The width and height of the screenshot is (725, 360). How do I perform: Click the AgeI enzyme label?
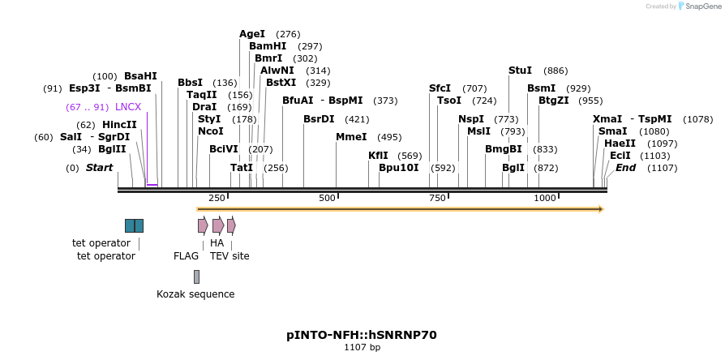click(252, 34)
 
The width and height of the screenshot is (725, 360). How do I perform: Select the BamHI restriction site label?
click(268, 46)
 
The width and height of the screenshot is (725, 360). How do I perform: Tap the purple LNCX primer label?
click(128, 107)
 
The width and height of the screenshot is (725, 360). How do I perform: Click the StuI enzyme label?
click(520, 71)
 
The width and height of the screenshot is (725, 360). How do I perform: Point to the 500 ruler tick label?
click(327, 198)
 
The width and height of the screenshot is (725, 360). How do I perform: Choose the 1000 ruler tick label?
click(545, 198)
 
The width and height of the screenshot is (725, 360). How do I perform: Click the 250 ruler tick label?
click(217, 198)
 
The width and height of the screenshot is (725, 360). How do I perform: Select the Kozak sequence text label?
click(195, 294)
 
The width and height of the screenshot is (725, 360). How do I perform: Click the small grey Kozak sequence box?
click(196, 276)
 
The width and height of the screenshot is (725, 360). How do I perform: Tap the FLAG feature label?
click(186, 256)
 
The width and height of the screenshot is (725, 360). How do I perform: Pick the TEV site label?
click(230, 256)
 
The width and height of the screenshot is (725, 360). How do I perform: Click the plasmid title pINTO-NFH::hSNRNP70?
click(362, 334)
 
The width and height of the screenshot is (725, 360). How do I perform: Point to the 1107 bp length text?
click(362, 348)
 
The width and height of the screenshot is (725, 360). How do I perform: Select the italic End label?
click(625, 168)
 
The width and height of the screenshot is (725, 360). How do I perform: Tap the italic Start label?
click(99, 168)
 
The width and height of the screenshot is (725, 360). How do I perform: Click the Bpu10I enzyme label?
click(399, 168)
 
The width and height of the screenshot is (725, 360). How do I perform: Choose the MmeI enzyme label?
click(351, 137)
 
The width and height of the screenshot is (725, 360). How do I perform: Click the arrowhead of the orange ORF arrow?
click(601, 209)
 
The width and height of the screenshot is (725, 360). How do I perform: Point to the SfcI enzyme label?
click(440, 88)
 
